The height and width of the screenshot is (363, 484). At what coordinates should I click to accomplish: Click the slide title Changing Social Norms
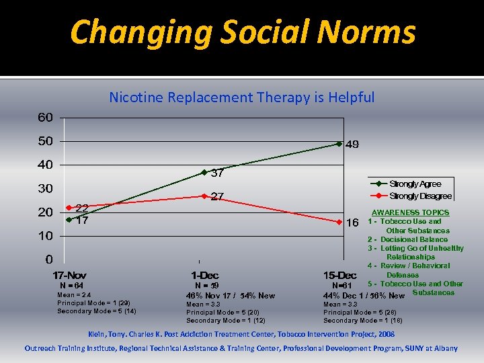[243, 32]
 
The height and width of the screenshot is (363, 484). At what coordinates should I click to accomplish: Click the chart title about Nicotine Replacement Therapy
[242, 97]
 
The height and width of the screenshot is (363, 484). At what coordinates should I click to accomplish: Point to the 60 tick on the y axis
[45, 118]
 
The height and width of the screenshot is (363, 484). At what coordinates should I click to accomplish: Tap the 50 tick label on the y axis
[45, 141]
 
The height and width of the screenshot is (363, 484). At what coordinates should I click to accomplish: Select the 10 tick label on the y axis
[45, 236]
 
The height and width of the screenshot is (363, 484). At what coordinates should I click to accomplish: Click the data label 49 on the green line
[353, 145]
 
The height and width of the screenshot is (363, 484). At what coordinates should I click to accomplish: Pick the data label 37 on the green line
[217, 173]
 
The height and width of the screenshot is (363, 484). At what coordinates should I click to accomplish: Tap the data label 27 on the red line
[217, 197]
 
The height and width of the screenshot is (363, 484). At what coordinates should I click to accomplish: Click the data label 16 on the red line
[352, 223]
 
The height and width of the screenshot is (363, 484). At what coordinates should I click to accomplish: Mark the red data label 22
[81, 208]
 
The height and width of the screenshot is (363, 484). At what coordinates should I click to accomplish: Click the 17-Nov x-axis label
[70, 276]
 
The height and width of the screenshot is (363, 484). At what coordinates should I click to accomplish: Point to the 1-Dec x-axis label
[204, 276]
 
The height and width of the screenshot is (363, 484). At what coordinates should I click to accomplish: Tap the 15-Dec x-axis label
[339, 276]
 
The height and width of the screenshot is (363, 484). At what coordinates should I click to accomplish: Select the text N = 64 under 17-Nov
[71, 286]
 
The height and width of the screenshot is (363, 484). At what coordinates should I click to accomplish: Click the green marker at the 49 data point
[339, 144]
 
